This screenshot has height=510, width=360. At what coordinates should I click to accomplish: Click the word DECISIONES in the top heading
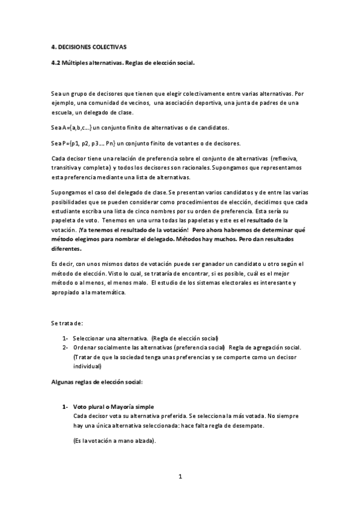pos(81,46)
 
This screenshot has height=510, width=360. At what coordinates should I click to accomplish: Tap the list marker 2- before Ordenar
pos(65,348)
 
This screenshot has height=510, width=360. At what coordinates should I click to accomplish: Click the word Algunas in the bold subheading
pos(63,382)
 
